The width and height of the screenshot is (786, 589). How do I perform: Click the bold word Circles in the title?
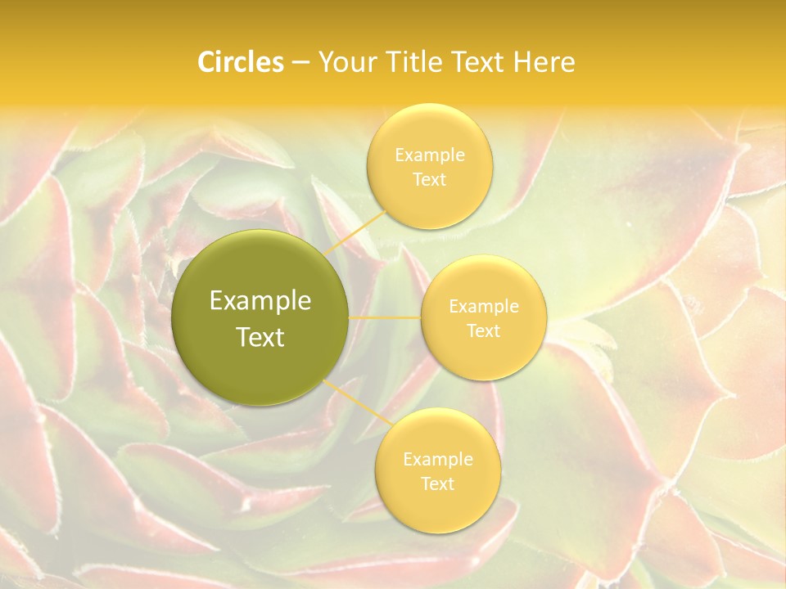point(240,62)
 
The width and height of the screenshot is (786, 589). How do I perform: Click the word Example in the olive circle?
point(260,302)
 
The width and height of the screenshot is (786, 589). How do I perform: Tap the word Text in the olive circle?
point(260,337)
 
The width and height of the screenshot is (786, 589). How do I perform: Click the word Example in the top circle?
point(429,155)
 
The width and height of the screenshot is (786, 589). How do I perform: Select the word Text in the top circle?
point(429,180)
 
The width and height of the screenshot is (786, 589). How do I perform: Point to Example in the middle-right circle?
point(483,307)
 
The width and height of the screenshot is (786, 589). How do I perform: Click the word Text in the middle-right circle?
point(483,331)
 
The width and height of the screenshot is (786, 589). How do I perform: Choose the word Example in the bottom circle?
point(437,460)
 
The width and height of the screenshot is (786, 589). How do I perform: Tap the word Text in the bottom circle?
point(437,484)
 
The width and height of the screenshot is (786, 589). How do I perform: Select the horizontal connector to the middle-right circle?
point(385,317)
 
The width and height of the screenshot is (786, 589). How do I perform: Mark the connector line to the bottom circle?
point(355,403)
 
